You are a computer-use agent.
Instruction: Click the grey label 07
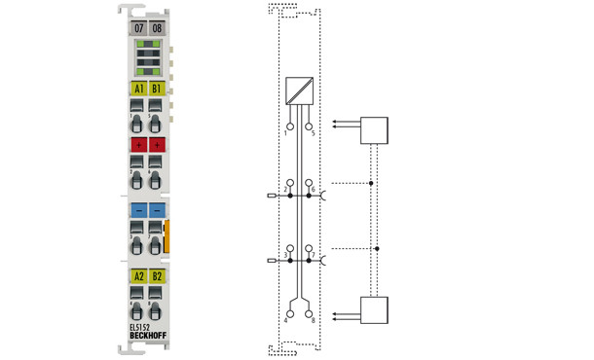[x=139, y=28]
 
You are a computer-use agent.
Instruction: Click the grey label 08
[x=157, y=28]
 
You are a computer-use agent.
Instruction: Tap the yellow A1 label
[x=139, y=89]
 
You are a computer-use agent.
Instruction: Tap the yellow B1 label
[x=157, y=89]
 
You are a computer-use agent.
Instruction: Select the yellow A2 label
[x=139, y=276]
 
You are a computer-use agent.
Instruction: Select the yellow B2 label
[x=157, y=276]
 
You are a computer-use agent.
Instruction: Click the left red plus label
[x=139, y=144]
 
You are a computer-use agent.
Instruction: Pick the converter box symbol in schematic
[x=299, y=90]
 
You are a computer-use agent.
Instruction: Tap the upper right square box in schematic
[x=374, y=129]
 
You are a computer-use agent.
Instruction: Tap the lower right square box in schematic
[x=374, y=310]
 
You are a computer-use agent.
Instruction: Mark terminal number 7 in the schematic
[x=311, y=255]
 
